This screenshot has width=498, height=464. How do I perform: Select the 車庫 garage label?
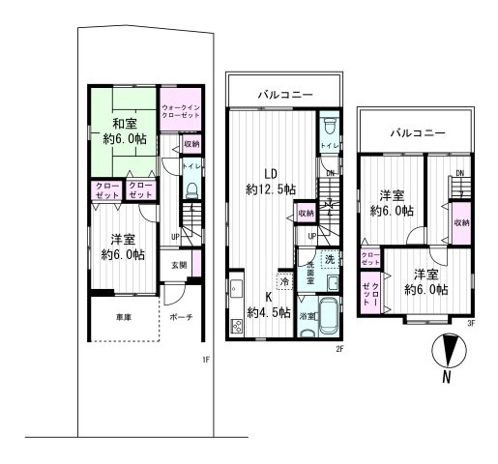[x=110, y=316]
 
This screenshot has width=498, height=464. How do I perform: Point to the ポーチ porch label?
[x=180, y=316]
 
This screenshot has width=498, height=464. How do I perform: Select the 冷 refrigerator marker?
[x=285, y=281]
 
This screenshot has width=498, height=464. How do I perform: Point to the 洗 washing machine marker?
[x=329, y=259]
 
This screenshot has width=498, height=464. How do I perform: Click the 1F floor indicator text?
[x=205, y=361]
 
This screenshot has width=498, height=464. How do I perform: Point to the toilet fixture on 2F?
[x=329, y=127]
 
